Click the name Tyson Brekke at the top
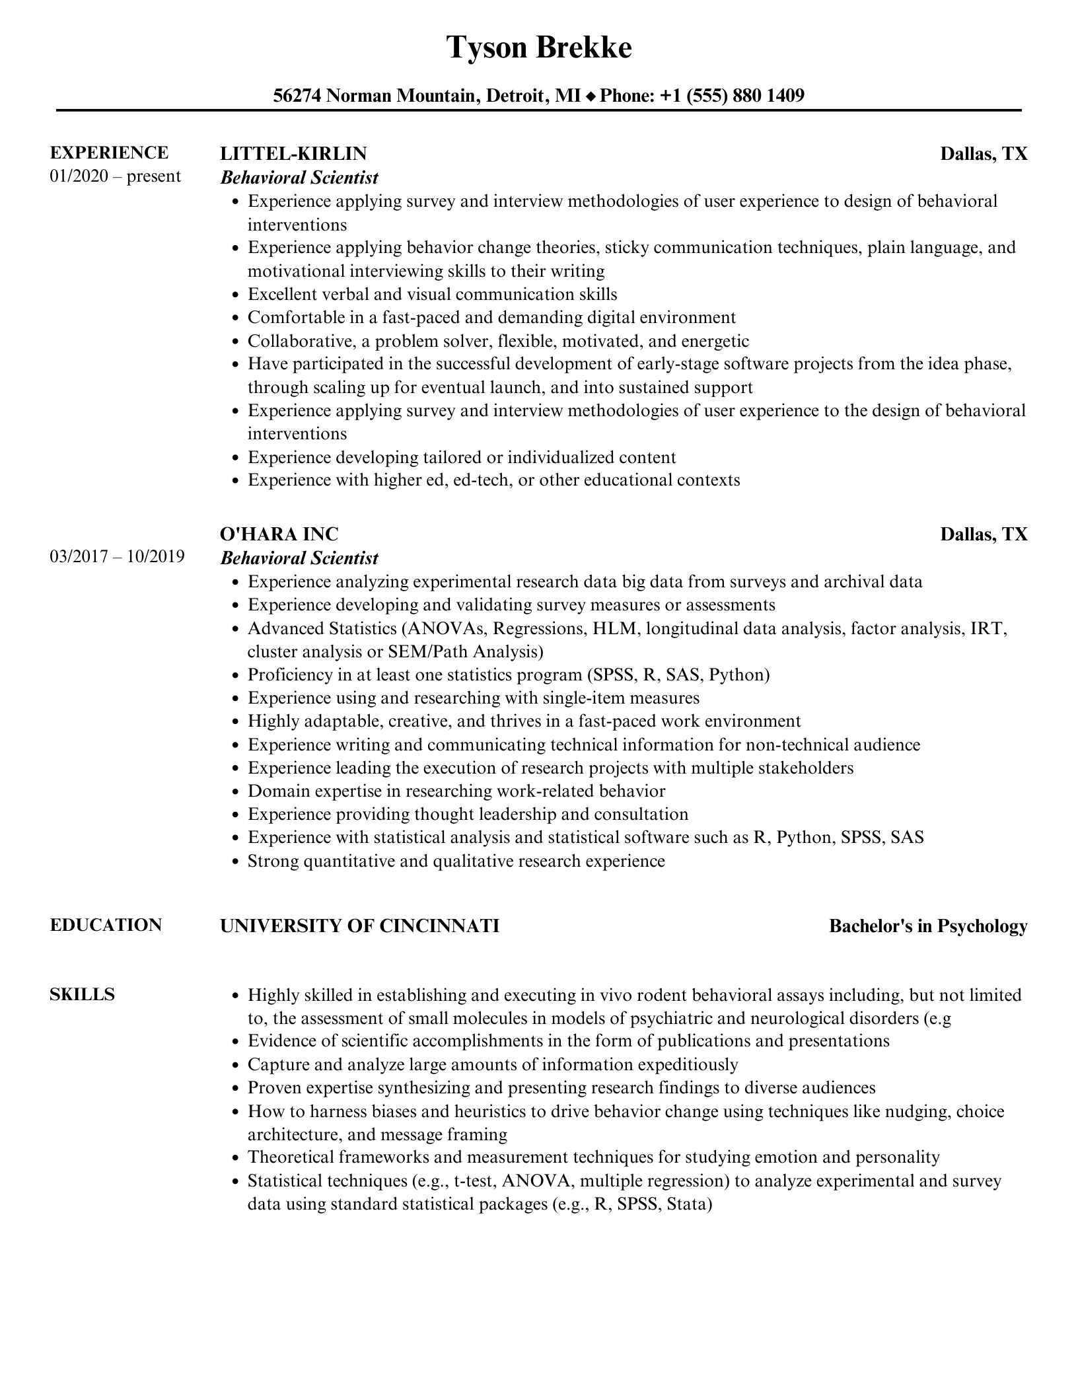538,48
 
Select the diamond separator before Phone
591,96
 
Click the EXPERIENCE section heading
109,153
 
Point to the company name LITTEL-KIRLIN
293,153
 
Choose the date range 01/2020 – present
115,176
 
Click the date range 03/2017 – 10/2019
117,556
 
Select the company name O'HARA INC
279,534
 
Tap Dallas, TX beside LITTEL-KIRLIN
984,154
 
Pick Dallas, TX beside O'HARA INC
984,534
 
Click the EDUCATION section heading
106,925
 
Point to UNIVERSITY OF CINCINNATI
359,926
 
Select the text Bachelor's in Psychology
928,926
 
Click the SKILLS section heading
82,994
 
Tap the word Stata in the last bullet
687,1204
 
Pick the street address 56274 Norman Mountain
375,96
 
